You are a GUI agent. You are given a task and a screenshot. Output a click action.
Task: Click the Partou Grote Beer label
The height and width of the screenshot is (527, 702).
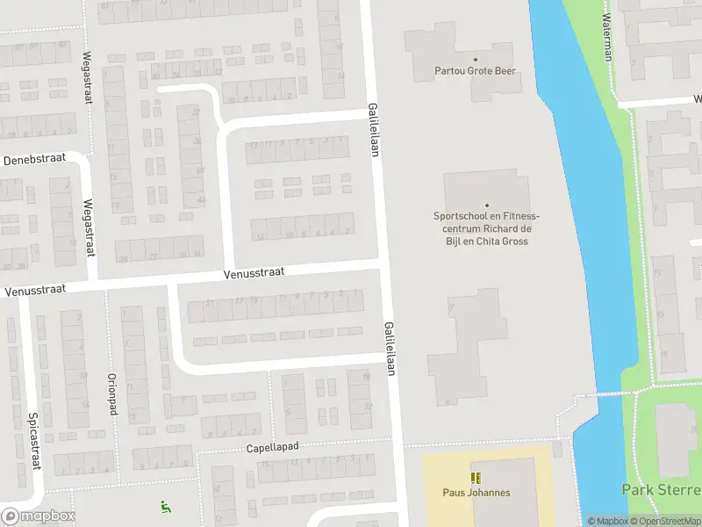(476, 71)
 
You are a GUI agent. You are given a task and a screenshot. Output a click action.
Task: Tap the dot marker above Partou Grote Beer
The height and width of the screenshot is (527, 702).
(476, 59)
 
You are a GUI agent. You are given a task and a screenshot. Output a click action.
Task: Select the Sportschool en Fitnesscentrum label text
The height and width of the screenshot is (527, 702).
(486, 228)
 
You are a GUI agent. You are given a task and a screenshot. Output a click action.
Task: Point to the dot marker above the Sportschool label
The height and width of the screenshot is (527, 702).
(486, 205)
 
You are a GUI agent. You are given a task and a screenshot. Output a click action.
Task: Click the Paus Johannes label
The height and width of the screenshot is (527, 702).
(476, 493)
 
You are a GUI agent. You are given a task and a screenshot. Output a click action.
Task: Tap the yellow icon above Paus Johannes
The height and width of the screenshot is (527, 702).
(476, 479)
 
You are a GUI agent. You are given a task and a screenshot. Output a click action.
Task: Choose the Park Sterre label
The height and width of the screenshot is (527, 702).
(661, 490)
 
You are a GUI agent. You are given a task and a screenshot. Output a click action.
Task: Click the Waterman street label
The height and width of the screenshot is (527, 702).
(606, 37)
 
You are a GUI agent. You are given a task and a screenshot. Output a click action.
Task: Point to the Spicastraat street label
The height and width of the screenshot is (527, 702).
(34, 441)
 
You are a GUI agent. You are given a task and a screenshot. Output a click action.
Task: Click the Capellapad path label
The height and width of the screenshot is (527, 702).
(272, 447)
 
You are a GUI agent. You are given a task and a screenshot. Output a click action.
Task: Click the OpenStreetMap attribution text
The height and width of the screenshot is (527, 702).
(668, 521)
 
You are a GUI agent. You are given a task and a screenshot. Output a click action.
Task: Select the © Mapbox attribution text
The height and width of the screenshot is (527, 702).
(608, 521)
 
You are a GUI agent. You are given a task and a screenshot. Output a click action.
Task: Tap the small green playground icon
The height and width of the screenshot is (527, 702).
(164, 506)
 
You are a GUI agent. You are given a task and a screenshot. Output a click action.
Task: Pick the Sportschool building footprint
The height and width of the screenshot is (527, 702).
(487, 189)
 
